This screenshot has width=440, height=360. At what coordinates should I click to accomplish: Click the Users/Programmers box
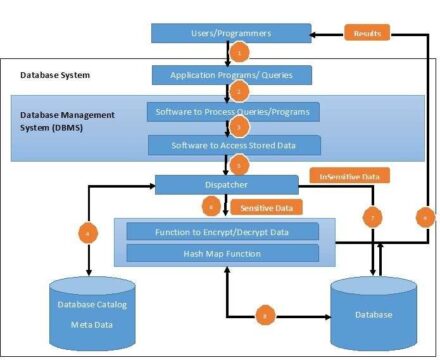tap(225, 33)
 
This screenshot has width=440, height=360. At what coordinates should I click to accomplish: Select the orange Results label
tap(367, 33)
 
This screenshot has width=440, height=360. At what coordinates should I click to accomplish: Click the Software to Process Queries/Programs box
tap(233, 111)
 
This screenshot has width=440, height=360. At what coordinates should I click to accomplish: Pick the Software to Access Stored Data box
tap(233, 145)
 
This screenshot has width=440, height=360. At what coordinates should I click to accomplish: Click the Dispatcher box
tap(227, 184)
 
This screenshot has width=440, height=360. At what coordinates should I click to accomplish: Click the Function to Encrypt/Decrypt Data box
tap(223, 232)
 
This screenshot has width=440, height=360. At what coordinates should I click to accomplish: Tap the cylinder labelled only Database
tap(372, 313)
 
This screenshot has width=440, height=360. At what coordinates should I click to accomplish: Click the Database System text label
tap(57, 75)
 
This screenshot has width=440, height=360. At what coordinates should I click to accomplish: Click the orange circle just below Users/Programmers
tap(239, 53)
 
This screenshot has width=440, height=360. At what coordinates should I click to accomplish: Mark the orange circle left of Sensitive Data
tap(210, 206)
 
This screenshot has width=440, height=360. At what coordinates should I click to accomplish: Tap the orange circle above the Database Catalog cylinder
tap(89, 234)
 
